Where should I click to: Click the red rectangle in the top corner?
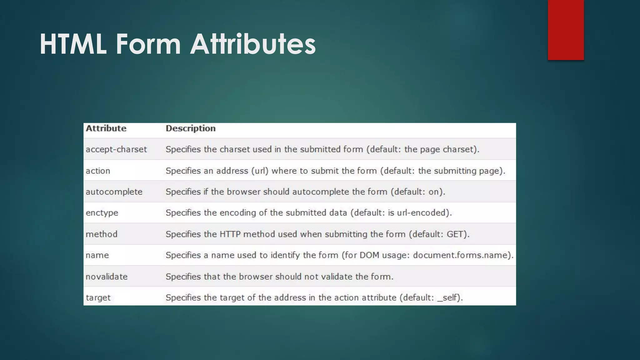[x=566, y=30]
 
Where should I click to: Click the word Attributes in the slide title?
[x=253, y=44]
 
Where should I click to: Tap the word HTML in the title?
[x=73, y=44]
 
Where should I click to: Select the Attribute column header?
[x=106, y=128]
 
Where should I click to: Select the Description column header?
[x=191, y=128]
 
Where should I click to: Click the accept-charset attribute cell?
[x=116, y=149]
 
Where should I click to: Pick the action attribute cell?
[x=98, y=171]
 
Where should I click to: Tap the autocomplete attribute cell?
[x=114, y=192]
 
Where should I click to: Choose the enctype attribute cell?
[x=102, y=213]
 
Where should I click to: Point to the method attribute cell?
[x=102, y=234]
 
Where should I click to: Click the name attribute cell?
[x=97, y=255]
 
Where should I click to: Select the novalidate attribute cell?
[x=107, y=277]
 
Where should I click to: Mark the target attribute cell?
[x=98, y=297]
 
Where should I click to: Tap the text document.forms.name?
[x=462, y=255]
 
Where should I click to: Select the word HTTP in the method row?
[x=230, y=234]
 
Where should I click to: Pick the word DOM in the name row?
[x=369, y=255]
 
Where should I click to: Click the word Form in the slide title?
[x=148, y=44]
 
